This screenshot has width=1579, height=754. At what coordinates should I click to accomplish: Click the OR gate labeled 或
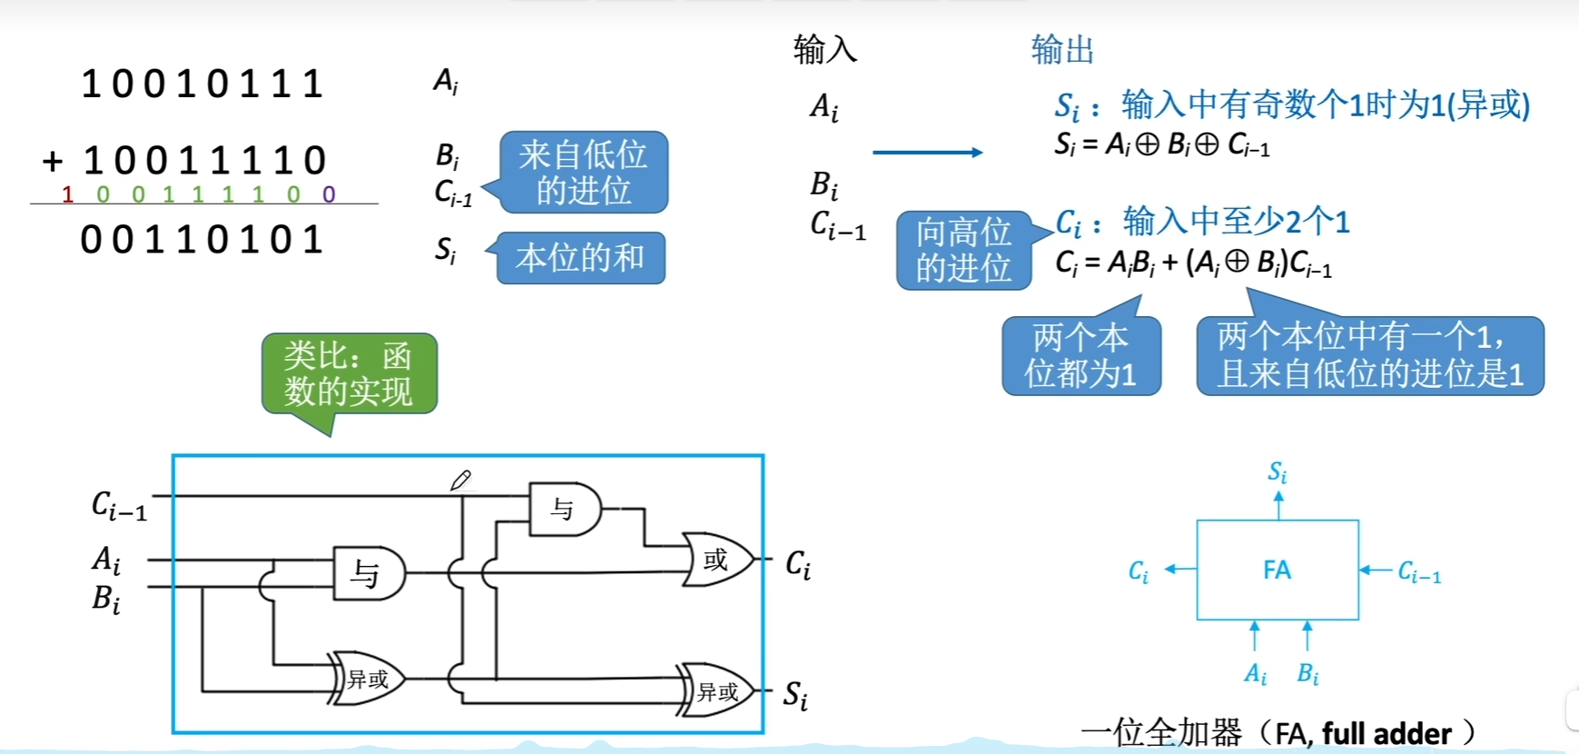tap(717, 560)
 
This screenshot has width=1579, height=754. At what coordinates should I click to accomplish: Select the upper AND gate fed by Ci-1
tap(564, 510)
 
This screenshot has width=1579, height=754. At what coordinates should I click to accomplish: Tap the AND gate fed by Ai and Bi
tap(368, 573)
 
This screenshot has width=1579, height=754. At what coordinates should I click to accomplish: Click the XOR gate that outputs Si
tap(717, 692)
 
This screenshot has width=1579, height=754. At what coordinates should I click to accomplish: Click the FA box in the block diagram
tap(1277, 570)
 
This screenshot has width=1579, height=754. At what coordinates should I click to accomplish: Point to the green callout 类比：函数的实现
tap(349, 373)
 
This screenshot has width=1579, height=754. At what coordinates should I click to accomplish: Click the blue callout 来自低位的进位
tap(583, 172)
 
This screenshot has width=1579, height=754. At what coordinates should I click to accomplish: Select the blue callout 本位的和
tap(580, 258)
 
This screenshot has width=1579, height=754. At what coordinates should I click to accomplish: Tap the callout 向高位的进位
tap(963, 250)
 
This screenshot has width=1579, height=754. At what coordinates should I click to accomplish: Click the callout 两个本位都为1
tap(1081, 355)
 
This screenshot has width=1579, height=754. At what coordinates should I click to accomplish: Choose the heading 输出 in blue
tap(1062, 49)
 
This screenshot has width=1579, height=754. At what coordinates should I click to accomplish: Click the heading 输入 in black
tap(824, 49)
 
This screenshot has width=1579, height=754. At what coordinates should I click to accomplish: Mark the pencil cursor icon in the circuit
tap(461, 480)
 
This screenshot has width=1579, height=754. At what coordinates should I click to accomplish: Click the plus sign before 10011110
tap(53, 162)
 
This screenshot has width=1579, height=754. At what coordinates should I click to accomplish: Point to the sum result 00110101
tap(202, 240)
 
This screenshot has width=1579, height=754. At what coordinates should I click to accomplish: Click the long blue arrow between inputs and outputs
tap(927, 152)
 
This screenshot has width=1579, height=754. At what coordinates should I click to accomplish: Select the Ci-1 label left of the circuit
tap(119, 505)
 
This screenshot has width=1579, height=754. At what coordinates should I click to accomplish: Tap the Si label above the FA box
tap(1277, 471)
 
